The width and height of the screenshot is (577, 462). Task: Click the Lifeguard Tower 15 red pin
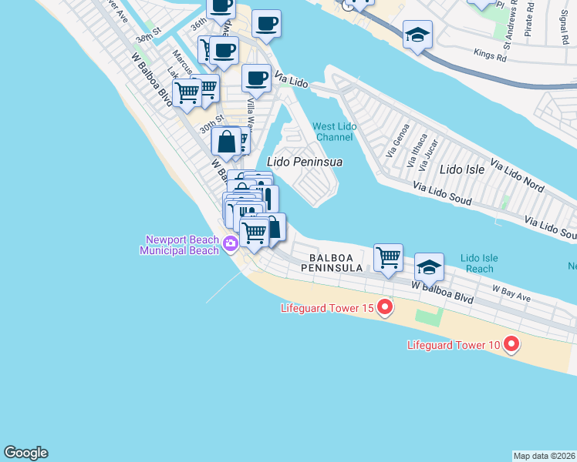point(384,309)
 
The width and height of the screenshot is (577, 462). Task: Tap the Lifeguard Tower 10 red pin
point(510,345)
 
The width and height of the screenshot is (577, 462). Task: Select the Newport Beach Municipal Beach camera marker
point(230,244)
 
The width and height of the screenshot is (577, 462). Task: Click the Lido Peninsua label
point(304,162)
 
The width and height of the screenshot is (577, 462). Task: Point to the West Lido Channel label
point(333,132)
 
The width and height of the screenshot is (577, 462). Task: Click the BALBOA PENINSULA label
point(336,263)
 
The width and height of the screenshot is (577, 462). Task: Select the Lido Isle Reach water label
point(479,263)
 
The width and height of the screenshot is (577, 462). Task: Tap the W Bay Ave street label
point(512,291)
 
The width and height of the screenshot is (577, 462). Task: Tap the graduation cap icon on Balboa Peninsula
point(429,266)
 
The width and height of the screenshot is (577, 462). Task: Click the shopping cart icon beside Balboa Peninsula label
point(388,257)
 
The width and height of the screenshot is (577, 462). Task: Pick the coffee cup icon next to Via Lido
point(256,77)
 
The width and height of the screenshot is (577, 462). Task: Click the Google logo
point(25,453)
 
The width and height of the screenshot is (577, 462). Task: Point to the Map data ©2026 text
point(545,456)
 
